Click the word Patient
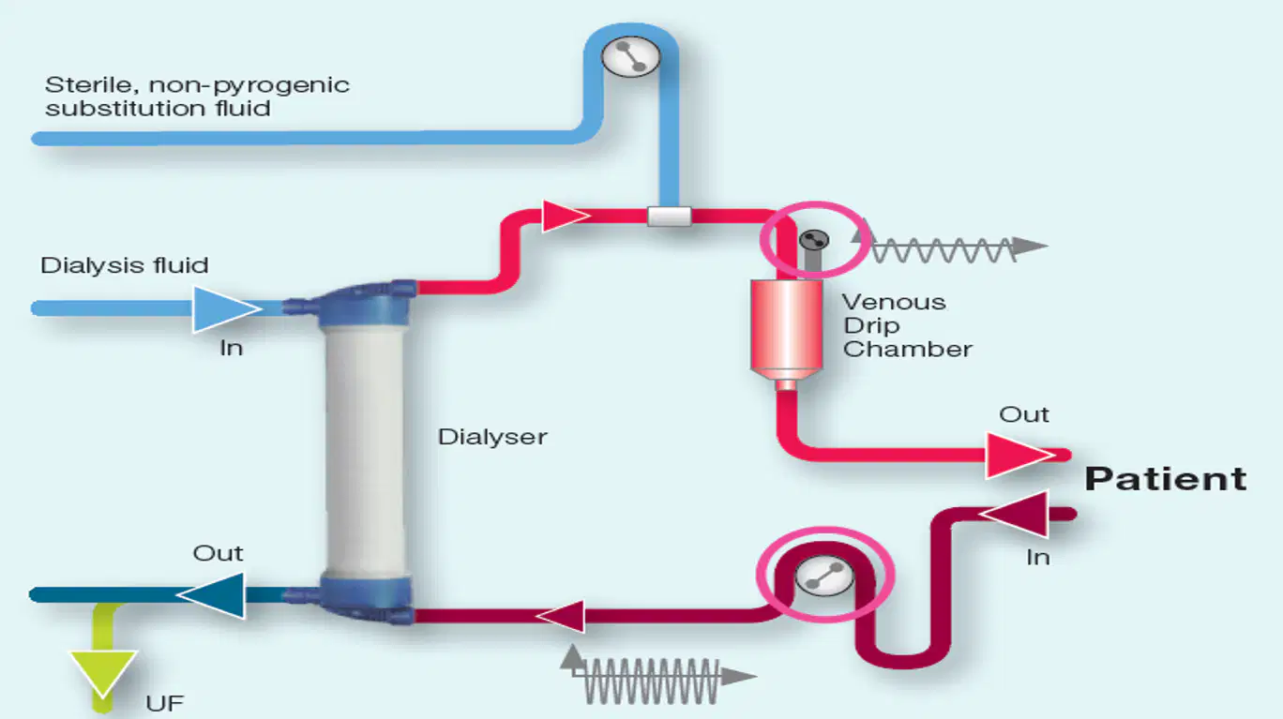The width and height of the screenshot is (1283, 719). [1166, 479]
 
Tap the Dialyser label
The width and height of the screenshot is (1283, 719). [492, 438]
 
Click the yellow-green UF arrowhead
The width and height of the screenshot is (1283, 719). [103, 674]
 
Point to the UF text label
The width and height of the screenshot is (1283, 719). [165, 704]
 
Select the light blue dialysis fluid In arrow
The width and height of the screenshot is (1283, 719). [226, 309]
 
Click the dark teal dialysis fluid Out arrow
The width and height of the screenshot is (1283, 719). [211, 595]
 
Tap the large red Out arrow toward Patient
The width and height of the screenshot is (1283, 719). [1020, 456]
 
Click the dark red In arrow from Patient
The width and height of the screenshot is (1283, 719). [1014, 514]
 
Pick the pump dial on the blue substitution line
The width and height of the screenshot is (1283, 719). [630, 56]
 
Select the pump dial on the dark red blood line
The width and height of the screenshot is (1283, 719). [824, 576]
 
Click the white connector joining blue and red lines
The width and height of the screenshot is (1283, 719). [669, 217]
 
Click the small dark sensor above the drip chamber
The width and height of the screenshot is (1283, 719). [813, 240]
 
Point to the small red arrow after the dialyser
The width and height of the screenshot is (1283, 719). [566, 216]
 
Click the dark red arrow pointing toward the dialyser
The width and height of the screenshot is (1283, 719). [560, 617]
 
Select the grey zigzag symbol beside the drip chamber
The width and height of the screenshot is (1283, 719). [949, 245]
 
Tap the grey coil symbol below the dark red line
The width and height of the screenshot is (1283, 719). [658, 676]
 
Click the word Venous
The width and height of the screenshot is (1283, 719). [894, 302]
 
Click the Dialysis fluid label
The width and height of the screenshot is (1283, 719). [125, 265]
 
